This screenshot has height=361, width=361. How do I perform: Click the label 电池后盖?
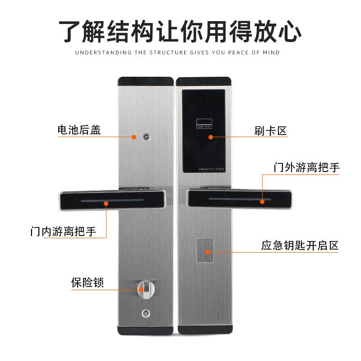tap(79, 130)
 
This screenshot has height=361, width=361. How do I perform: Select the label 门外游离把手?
tap(306, 167)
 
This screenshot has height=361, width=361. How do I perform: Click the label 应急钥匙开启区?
tap(300, 246)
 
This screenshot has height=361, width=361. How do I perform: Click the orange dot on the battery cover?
tap(134, 136)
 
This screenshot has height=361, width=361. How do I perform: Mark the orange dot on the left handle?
tap(106, 204)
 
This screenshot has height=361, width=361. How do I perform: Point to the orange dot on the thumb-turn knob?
tap(139, 289)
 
